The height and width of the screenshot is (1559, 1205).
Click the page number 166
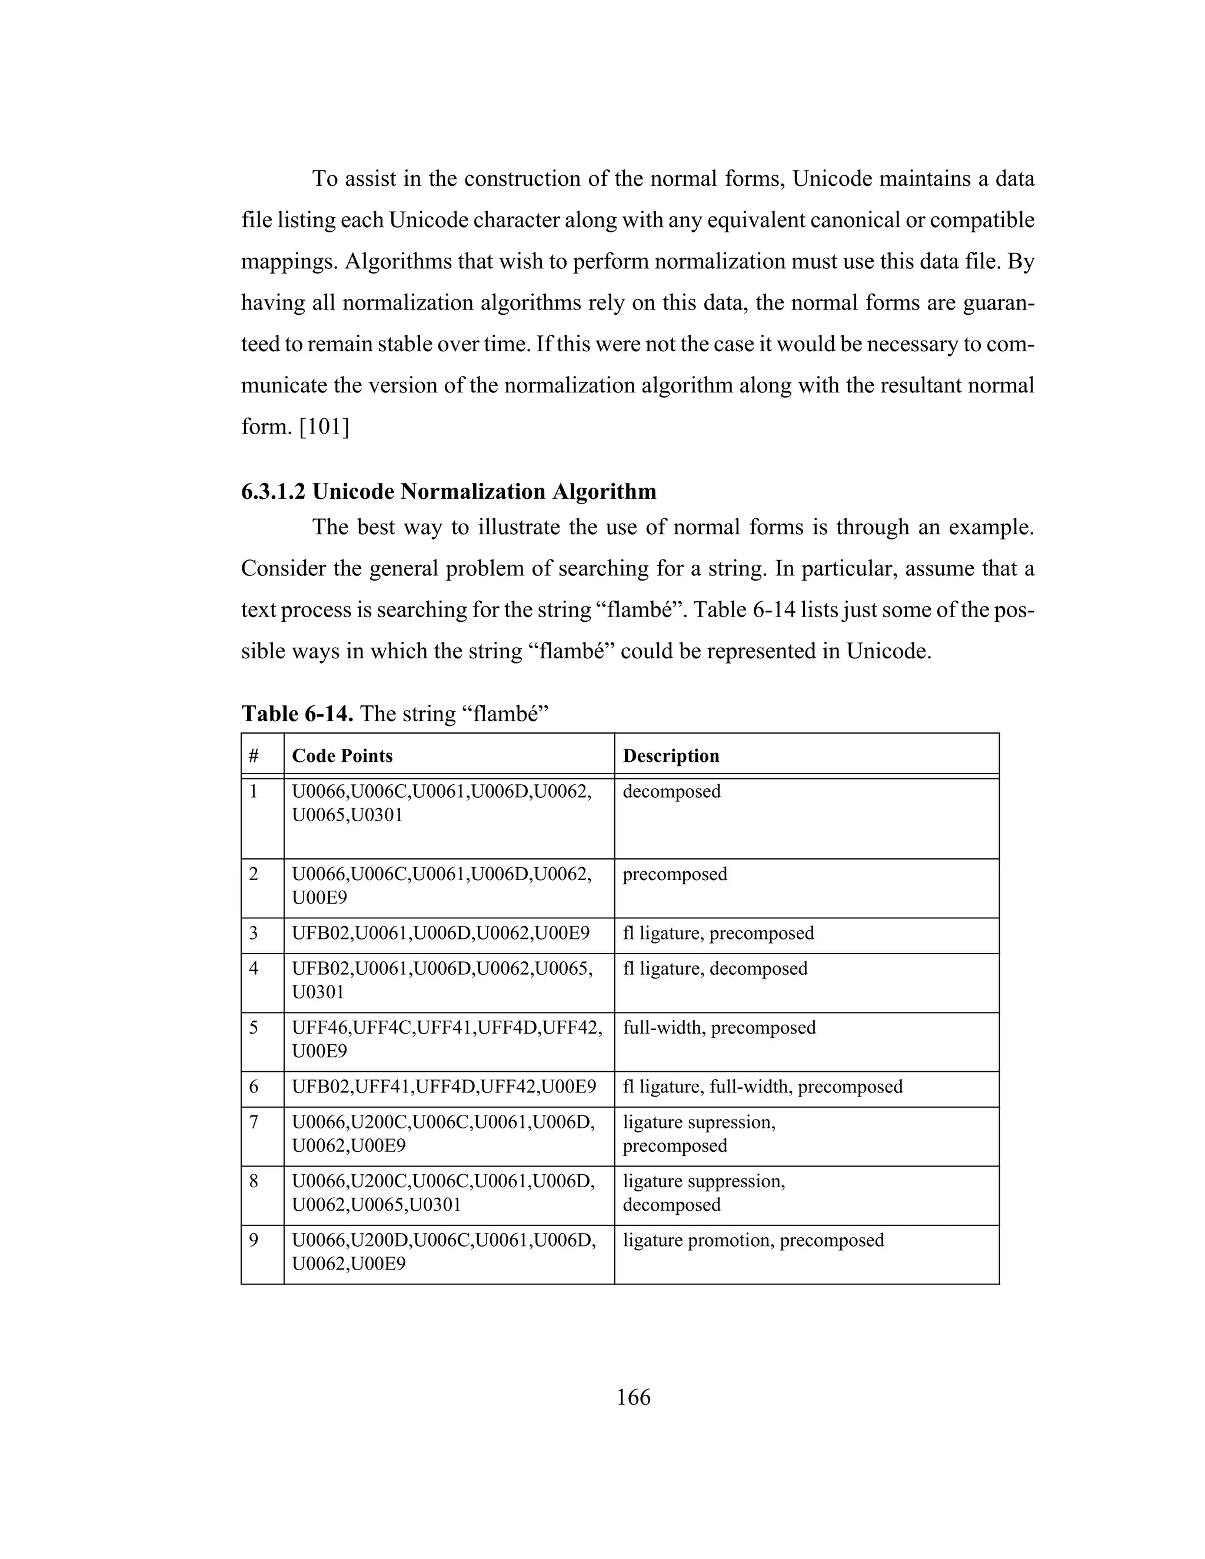tap(633, 1397)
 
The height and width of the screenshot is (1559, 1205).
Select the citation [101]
tap(324, 427)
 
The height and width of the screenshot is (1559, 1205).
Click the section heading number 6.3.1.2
tap(274, 492)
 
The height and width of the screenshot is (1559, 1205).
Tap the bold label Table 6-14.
tap(297, 713)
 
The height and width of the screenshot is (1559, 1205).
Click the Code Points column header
tap(342, 756)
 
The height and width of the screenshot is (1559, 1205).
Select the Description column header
tap(670, 756)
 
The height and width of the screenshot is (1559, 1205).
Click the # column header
tap(254, 756)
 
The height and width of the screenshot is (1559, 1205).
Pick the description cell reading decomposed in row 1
tap(671, 792)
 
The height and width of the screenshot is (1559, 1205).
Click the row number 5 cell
tap(254, 1028)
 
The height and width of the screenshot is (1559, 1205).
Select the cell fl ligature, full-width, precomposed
tap(762, 1087)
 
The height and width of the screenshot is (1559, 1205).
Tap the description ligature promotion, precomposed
tap(753, 1240)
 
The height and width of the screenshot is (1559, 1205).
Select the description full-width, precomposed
tap(718, 1028)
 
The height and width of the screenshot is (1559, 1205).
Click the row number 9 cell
tap(254, 1240)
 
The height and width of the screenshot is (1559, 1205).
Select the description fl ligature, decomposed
tap(714, 969)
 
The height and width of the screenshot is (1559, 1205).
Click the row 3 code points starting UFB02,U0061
tap(441, 934)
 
